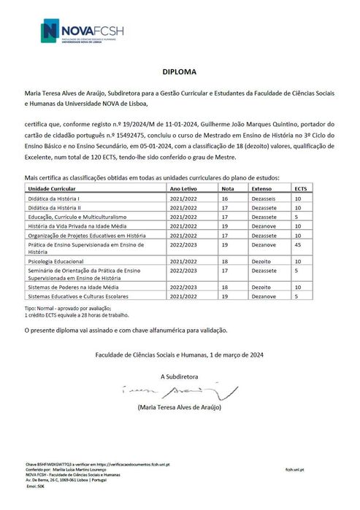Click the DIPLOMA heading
click(180, 73)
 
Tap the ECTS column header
click(300, 188)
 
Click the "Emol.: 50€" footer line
click(37, 485)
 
